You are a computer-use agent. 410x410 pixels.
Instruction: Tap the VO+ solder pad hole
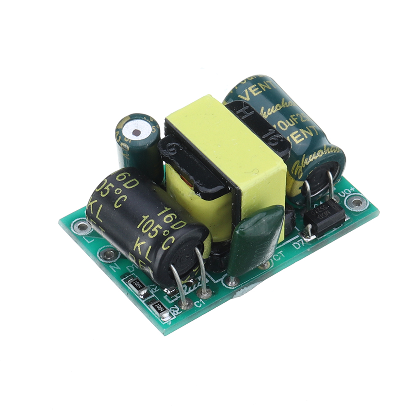point(355,202)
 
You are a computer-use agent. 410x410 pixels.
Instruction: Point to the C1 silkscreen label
point(199,304)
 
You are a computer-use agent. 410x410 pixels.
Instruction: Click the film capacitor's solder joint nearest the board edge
point(232,281)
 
